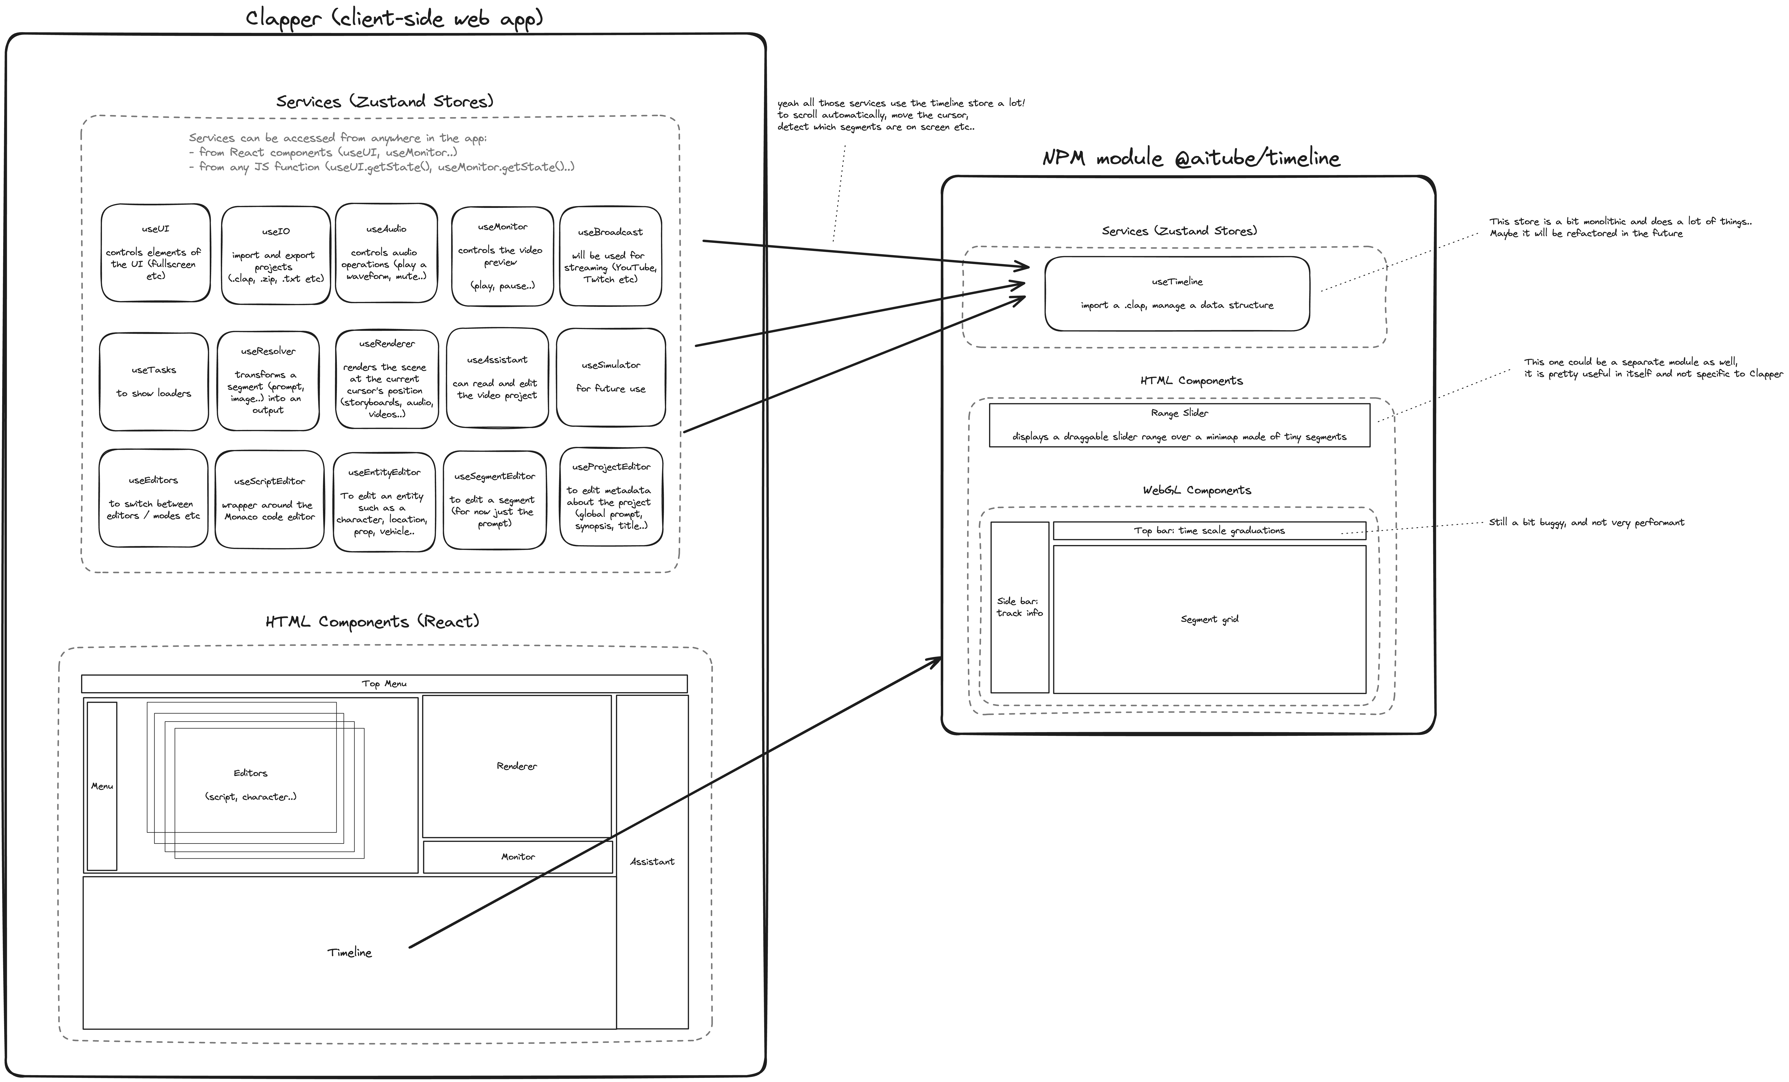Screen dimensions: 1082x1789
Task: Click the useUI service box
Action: pyautogui.click(x=155, y=253)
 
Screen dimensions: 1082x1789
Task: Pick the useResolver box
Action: pyautogui.click(x=268, y=380)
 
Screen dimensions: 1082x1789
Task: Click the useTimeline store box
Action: pyautogui.click(x=1177, y=293)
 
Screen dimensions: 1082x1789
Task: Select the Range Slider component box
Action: pyautogui.click(x=1179, y=424)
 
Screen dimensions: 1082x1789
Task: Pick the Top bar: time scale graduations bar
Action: pyautogui.click(x=1209, y=530)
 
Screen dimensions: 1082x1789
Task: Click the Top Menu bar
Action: pyautogui.click(x=384, y=684)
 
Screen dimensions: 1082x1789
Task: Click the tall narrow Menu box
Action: pyautogui.click(x=102, y=786)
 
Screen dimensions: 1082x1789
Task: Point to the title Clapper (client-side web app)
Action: pyautogui.click(x=394, y=18)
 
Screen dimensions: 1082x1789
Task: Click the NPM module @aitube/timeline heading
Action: pyautogui.click(x=1191, y=158)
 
